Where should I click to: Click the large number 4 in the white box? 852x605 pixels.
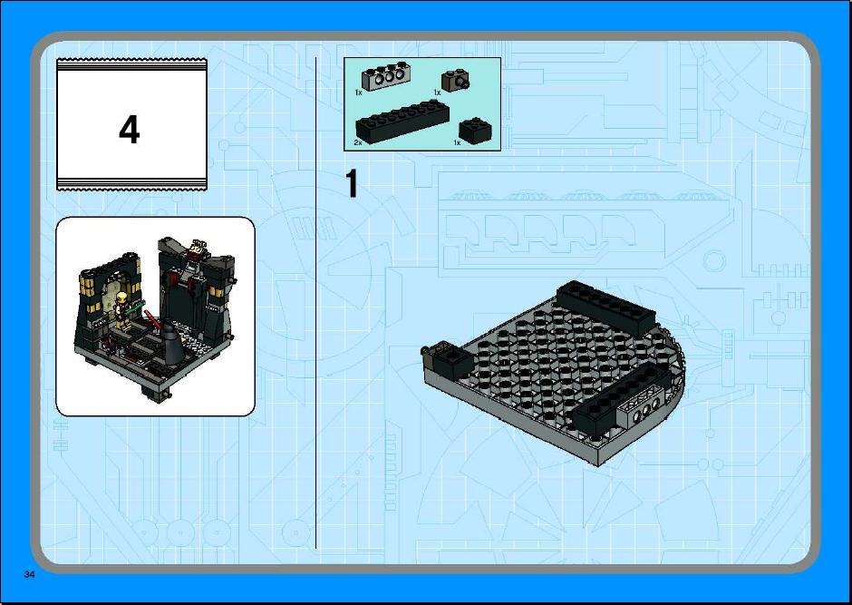[x=130, y=131]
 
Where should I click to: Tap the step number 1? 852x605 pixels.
[x=352, y=184]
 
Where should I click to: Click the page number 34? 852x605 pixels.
[x=29, y=574]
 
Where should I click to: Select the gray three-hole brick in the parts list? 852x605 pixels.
[x=384, y=77]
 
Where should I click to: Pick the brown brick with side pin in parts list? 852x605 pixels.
[x=455, y=81]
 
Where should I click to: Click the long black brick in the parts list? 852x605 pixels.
[x=402, y=122]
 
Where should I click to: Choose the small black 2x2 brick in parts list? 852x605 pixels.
[x=476, y=131]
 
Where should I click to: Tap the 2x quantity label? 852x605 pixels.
[x=357, y=142]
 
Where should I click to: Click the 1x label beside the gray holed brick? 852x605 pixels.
[x=358, y=93]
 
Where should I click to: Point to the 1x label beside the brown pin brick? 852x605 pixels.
[x=437, y=93]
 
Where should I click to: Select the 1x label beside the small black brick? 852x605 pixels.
[x=457, y=142]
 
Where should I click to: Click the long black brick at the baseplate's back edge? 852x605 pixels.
[x=605, y=306]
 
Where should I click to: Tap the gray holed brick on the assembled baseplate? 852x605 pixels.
[x=640, y=405]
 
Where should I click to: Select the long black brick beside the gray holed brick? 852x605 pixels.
[x=615, y=398]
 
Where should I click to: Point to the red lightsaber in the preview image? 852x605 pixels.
[x=152, y=319]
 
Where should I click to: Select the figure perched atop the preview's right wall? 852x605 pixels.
[x=195, y=251]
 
